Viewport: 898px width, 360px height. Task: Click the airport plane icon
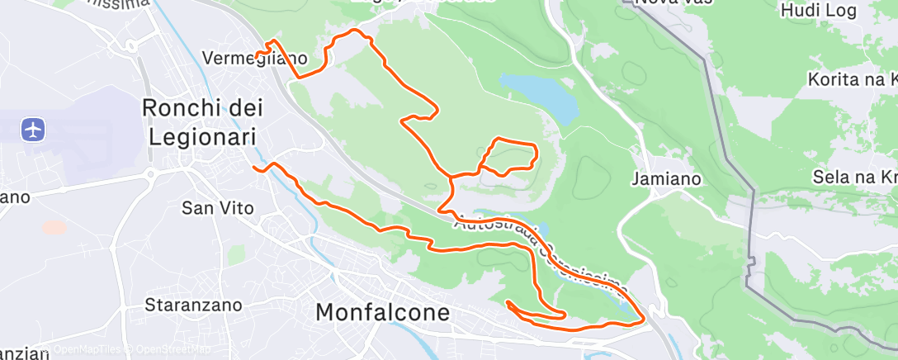tap(33, 130)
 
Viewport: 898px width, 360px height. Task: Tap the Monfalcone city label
tap(384, 313)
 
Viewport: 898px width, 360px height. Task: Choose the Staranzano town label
tap(193, 305)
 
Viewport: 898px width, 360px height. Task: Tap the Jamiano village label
tap(666, 178)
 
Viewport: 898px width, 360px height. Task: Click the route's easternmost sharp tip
tap(643, 318)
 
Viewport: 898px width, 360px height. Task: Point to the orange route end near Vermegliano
tap(257, 56)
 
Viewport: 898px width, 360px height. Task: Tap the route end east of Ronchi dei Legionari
tap(254, 168)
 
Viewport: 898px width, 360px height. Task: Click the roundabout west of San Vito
tap(152, 175)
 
